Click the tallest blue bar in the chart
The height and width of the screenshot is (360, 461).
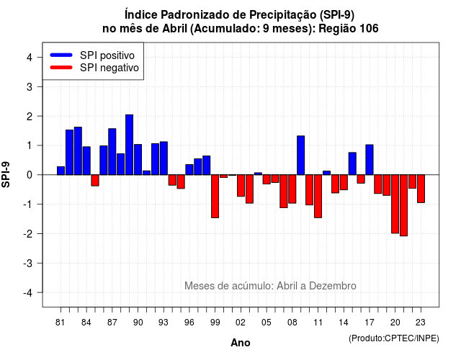[x=129, y=145]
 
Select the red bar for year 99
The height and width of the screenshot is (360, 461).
[x=215, y=197]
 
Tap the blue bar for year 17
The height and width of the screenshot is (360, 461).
[x=370, y=160]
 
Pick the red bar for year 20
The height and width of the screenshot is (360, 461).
[x=395, y=204]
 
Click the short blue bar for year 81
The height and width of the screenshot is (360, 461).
[x=61, y=171]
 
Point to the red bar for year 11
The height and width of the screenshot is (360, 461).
[x=318, y=197]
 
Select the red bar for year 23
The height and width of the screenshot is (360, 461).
[x=421, y=189]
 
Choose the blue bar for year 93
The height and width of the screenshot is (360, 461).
[x=164, y=158]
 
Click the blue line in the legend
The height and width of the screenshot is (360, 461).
[x=61, y=55]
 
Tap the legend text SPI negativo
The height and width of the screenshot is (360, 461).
[x=109, y=68]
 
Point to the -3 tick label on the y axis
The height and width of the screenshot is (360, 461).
[x=28, y=264]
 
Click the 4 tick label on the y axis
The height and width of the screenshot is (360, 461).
[x=30, y=58]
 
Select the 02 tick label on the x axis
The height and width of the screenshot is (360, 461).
[x=241, y=323]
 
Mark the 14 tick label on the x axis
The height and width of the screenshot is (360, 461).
[x=343, y=323]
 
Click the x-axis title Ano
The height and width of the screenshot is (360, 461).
[x=241, y=343]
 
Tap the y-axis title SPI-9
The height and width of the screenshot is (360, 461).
[x=6, y=174]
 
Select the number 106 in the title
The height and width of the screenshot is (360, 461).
[x=369, y=29]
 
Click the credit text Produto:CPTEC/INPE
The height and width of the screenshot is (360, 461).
[x=394, y=338]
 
